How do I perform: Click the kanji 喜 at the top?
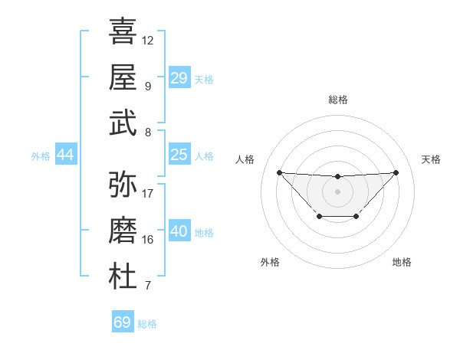pos(123,31)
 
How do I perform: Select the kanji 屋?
pos(123,77)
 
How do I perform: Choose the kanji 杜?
pos(123,277)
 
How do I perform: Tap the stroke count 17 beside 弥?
pos(148,194)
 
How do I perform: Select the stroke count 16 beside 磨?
pos(148,240)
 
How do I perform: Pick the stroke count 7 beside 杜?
pos(148,286)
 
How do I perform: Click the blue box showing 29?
pos(179,77)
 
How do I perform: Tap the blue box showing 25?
pos(179,155)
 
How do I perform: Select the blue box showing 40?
pos(179,231)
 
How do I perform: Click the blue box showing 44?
pos(65,155)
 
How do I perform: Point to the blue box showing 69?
pos(123,322)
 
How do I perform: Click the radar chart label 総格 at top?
pos(337,100)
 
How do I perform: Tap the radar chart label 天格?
pos(431,159)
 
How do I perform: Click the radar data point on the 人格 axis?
pos(279,172)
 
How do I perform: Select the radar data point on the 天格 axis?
pos(396,172)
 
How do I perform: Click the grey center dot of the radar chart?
pos(337,191)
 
